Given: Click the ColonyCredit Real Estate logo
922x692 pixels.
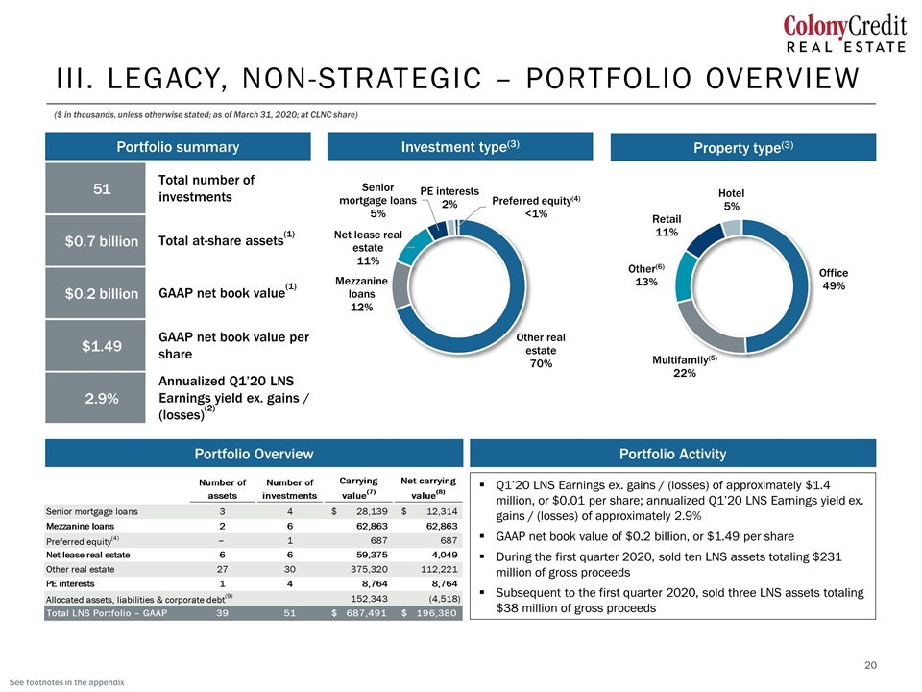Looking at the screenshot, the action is pyautogui.click(x=845, y=35).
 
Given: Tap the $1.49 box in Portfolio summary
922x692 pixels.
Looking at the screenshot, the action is pyautogui.click(x=95, y=345).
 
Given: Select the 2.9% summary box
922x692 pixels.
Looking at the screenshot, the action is pyautogui.click(x=95, y=398).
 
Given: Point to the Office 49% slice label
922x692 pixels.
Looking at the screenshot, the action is pyautogui.click(x=834, y=280).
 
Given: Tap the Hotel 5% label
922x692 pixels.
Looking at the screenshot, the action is pyautogui.click(x=731, y=200).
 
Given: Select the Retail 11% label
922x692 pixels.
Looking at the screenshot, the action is pyautogui.click(x=667, y=225).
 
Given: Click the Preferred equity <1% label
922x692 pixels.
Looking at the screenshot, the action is pyautogui.click(x=536, y=207).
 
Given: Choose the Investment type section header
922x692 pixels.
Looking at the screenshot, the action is pyautogui.click(x=460, y=146).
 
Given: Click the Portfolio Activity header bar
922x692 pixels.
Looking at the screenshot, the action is pyautogui.click(x=672, y=454).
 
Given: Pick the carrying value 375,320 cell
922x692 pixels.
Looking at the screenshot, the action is pyautogui.click(x=372, y=569).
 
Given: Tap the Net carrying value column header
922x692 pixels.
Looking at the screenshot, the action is pyautogui.click(x=427, y=488).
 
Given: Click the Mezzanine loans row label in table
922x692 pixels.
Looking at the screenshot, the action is pyautogui.click(x=80, y=526).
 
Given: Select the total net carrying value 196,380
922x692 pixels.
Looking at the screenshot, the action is pyautogui.click(x=436, y=613).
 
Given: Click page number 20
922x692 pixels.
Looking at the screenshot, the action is pyautogui.click(x=870, y=665).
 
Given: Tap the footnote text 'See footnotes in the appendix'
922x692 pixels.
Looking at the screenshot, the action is pyautogui.click(x=67, y=682).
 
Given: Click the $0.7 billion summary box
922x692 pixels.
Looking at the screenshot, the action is pyautogui.click(x=95, y=240).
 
